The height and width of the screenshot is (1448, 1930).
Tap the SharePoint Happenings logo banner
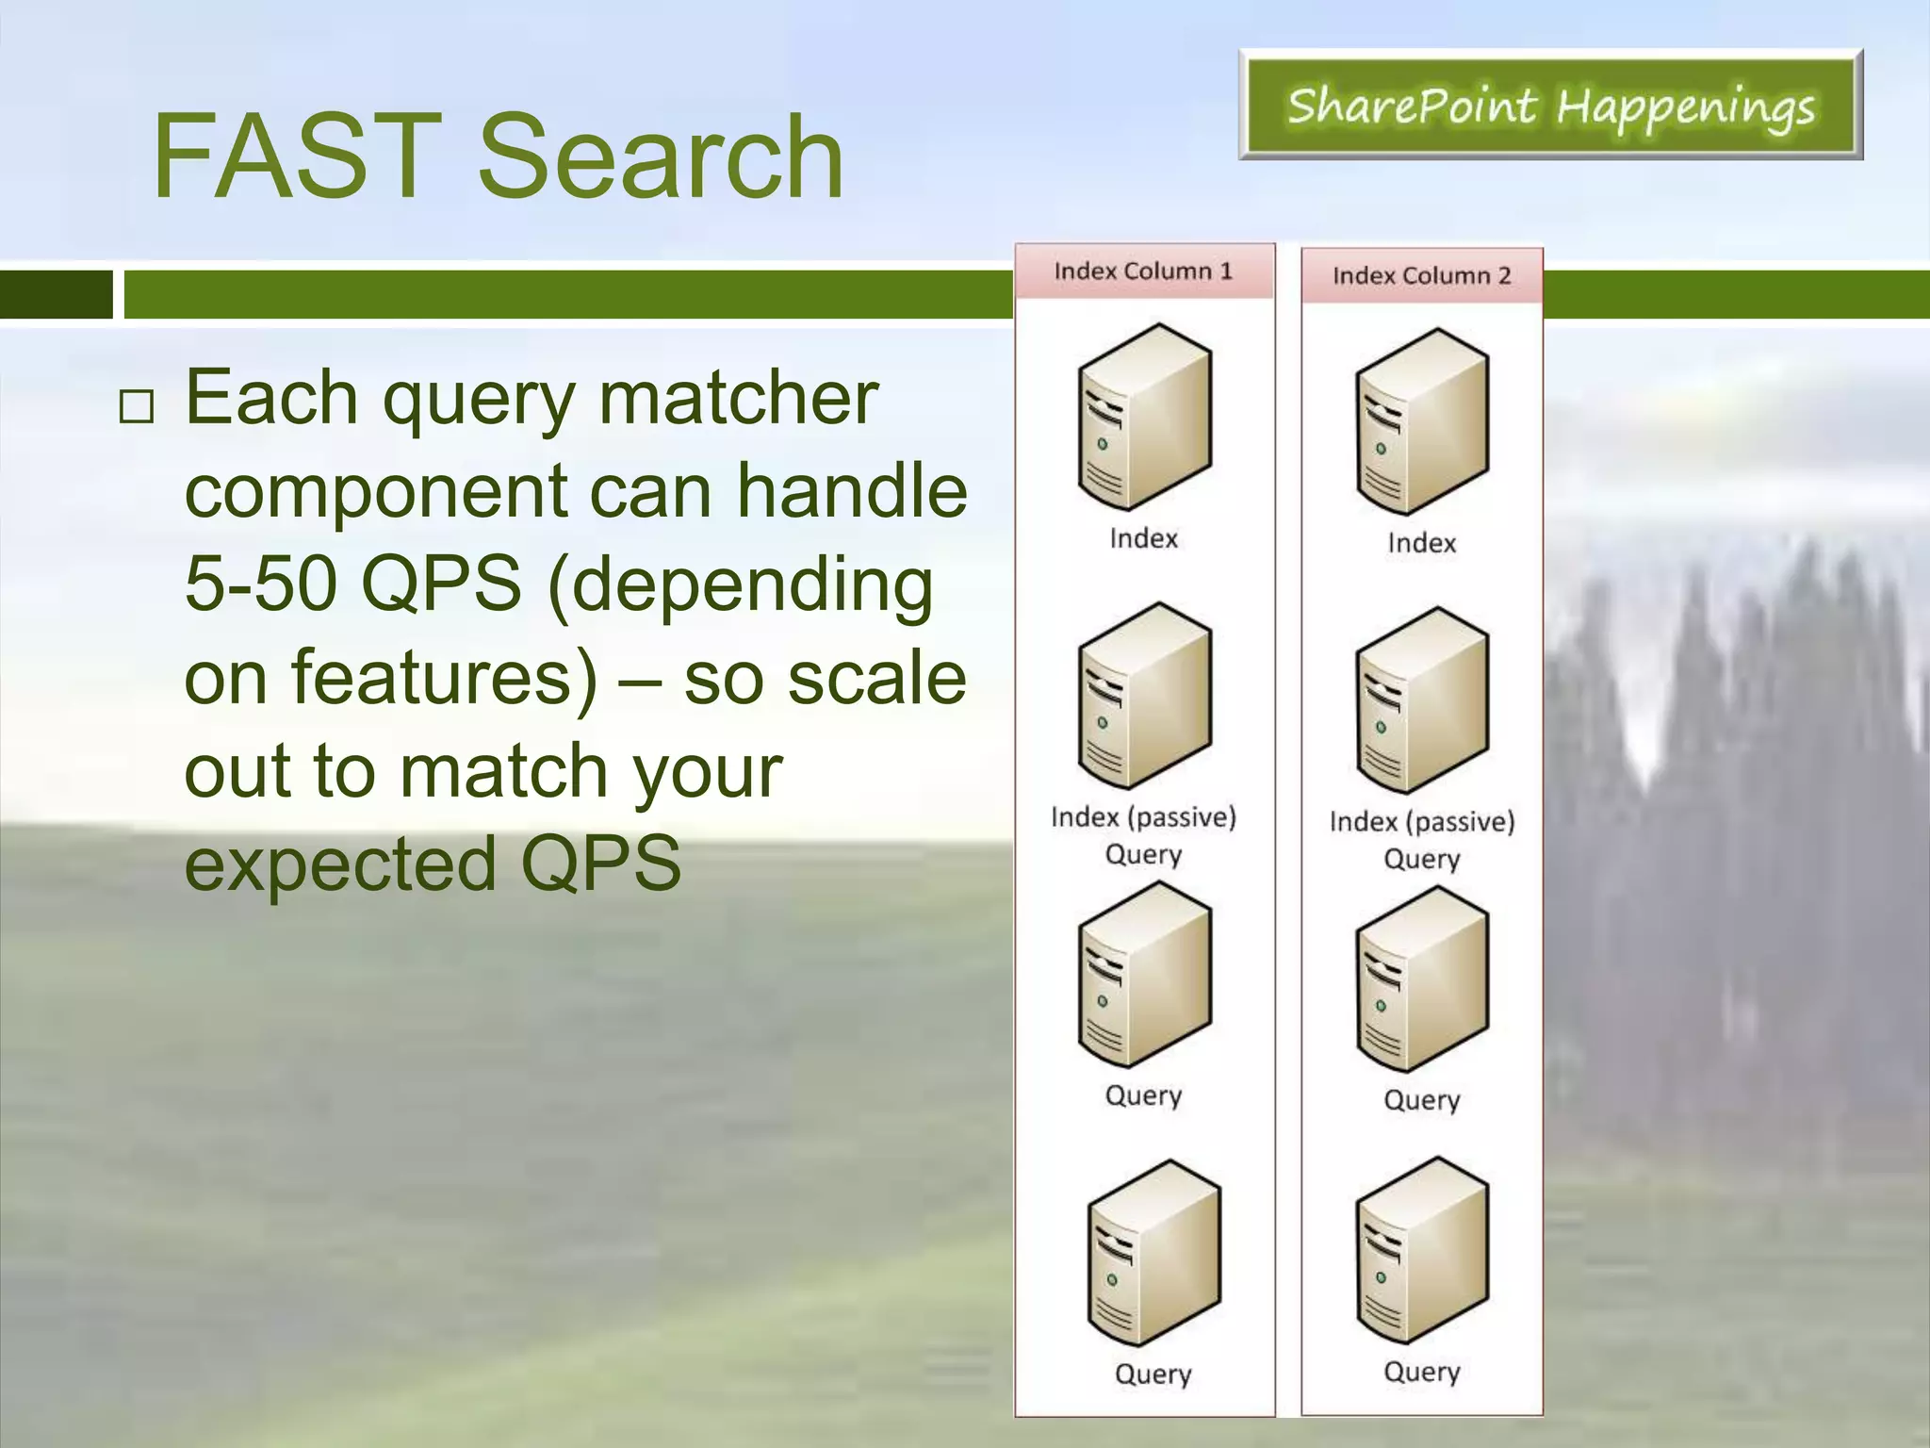point(1550,105)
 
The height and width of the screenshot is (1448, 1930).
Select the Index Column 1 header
point(1143,271)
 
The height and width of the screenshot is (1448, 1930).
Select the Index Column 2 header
point(1421,276)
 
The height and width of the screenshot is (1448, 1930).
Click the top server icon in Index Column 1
point(1144,417)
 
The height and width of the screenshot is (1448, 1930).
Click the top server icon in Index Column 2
point(1421,421)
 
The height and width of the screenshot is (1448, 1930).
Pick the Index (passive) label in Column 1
point(1143,816)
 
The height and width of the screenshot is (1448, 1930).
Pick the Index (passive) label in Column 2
point(1421,821)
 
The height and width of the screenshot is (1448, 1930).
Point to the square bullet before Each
point(137,406)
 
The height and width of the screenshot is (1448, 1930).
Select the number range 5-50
point(260,583)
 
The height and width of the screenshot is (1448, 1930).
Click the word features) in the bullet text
point(444,677)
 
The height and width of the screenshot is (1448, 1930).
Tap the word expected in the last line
point(340,863)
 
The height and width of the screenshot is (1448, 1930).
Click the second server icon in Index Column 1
point(1144,696)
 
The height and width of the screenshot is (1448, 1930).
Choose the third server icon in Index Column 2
point(1421,979)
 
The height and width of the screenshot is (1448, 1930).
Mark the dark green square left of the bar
point(56,294)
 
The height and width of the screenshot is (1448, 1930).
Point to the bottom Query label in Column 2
point(1421,1372)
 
